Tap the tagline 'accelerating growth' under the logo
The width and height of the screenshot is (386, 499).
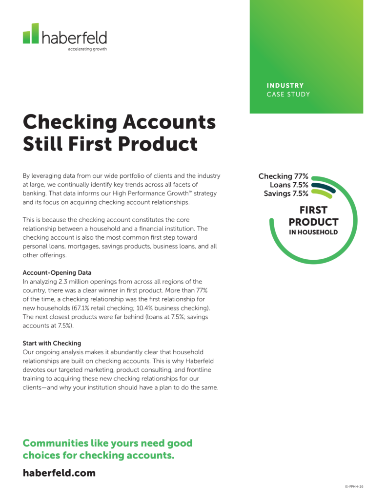[x=87, y=49]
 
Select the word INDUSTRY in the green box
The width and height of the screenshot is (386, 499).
[x=285, y=86]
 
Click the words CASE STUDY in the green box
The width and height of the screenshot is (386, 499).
[x=288, y=95]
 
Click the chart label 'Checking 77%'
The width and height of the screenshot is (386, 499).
[x=283, y=176]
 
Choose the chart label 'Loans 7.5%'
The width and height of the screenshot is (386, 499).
[x=289, y=185]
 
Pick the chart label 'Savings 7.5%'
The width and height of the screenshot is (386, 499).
[x=286, y=193]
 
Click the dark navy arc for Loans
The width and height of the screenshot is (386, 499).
[x=324, y=187]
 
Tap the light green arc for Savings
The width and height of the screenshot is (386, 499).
[x=322, y=194]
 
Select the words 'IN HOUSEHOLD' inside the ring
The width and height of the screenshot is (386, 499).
[x=313, y=232]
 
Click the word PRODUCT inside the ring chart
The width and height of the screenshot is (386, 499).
[x=313, y=222]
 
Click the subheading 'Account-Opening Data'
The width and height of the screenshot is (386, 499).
[x=57, y=273]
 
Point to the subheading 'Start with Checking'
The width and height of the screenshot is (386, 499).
[x=52, y=343]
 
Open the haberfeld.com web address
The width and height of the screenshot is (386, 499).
[x=59, y=473]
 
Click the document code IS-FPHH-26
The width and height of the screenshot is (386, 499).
[x=354, y=486]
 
